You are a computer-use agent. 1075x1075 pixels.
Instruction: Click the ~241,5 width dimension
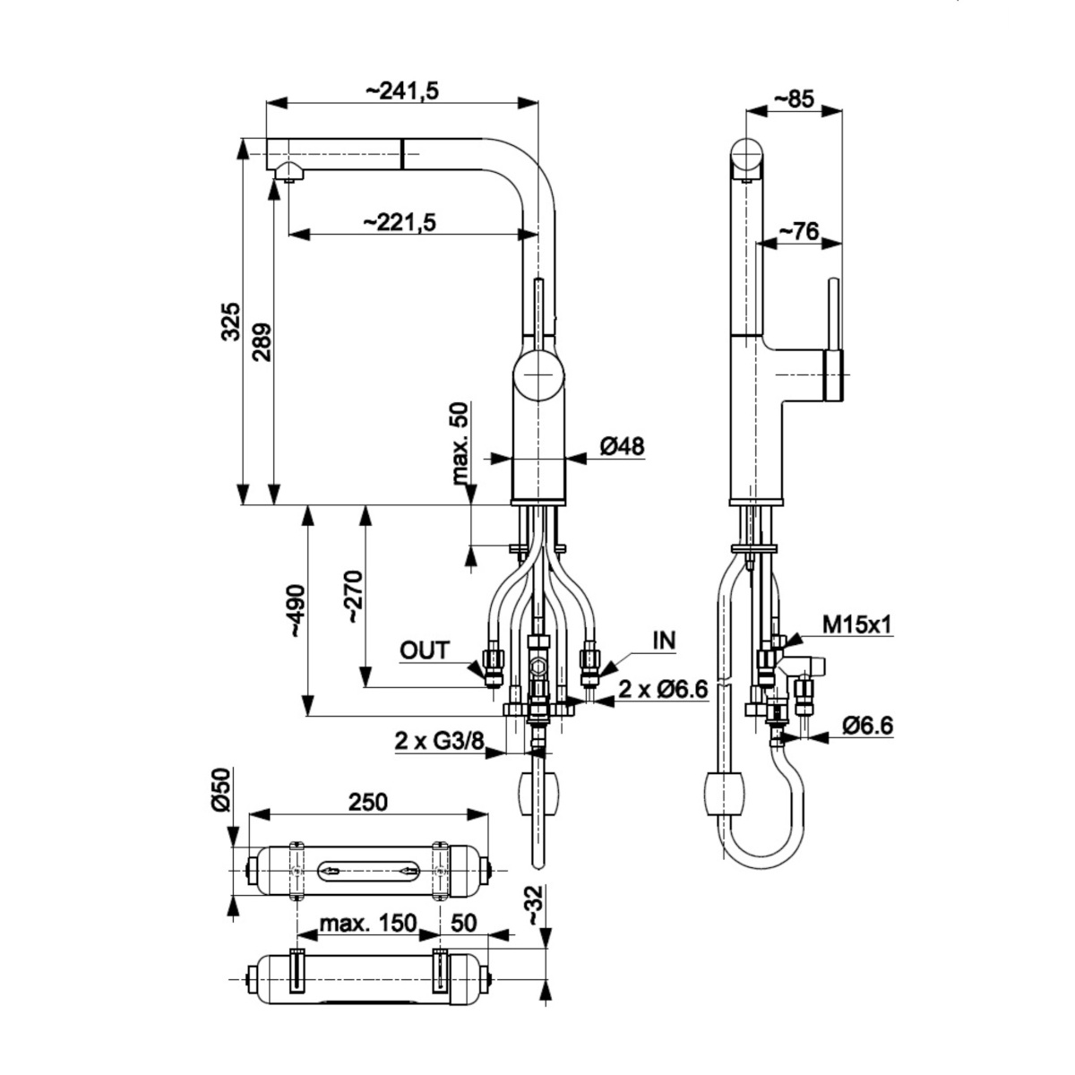coord(401,91)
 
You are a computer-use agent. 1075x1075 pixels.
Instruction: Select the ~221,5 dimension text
coord(400,222)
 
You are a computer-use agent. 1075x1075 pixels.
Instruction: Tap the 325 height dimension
coord(231,322)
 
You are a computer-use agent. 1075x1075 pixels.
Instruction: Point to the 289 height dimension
coord(262,342)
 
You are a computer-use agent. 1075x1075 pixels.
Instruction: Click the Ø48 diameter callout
coord(622,446)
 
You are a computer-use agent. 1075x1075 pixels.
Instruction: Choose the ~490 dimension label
coord(297,611)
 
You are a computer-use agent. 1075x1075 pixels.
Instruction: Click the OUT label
coord(425,650)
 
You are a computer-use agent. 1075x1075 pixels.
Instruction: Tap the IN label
coord(665,641)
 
